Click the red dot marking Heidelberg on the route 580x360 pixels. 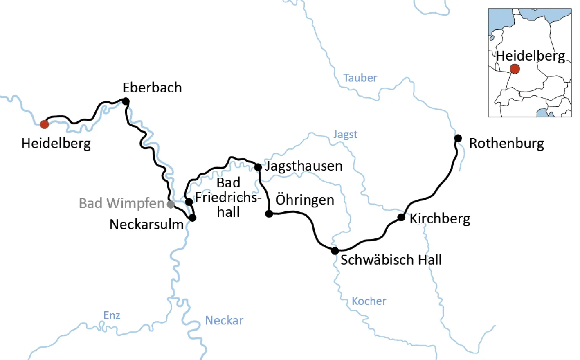(44, 124)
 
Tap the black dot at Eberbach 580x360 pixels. (126, 101)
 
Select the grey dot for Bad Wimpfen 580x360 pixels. (171, 204)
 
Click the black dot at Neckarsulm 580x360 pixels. (192, 218)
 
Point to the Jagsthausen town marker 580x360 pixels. (258, 167)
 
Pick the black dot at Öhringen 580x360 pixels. (269, 214)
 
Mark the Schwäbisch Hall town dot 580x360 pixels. (335, 251)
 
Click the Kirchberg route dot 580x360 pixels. (401, 217)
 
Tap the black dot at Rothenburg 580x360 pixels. (458, 138)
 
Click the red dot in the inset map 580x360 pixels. (515, 69)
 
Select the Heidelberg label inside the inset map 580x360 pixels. (530, 56)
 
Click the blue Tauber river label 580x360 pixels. (360, 78)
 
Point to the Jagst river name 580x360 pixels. (345, 135)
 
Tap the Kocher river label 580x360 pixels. (369, 301)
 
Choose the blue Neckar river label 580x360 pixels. (224, 320)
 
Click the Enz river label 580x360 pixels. (112, 315)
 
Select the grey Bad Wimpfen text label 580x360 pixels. (121, 203)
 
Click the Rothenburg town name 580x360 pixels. (506, 144)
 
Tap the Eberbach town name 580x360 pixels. (152, 88)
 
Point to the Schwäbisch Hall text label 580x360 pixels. (391, 260)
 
